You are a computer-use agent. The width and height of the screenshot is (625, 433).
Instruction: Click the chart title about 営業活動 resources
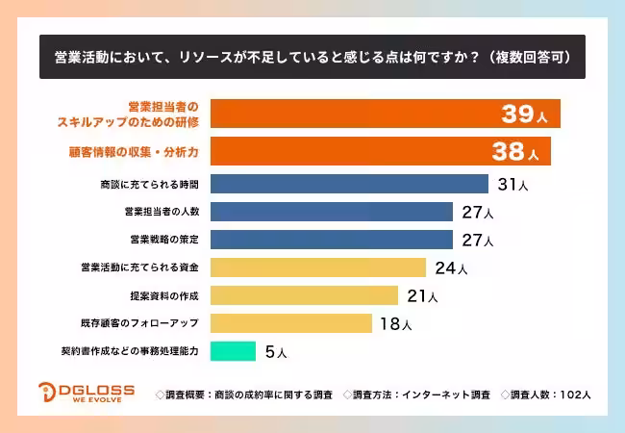(312, 57)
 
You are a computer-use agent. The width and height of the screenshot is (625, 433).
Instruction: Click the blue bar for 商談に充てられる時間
(349, 184)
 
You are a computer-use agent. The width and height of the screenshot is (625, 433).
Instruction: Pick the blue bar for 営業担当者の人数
(331, 212)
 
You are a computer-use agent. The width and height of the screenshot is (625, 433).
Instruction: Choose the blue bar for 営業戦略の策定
(331, 240)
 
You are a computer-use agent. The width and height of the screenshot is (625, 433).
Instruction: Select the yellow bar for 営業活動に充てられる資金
(317, 267)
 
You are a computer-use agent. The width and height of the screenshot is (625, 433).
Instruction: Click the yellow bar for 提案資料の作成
(304, 295)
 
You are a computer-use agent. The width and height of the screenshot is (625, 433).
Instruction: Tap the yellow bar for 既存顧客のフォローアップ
(290, 323)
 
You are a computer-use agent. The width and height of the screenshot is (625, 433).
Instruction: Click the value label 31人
(512, 184)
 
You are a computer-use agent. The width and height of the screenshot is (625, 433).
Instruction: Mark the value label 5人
(275, 352)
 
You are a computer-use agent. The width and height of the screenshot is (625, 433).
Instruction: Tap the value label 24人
(450, 268)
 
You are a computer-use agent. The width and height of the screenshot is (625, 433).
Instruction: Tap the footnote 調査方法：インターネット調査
(415, 395)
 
